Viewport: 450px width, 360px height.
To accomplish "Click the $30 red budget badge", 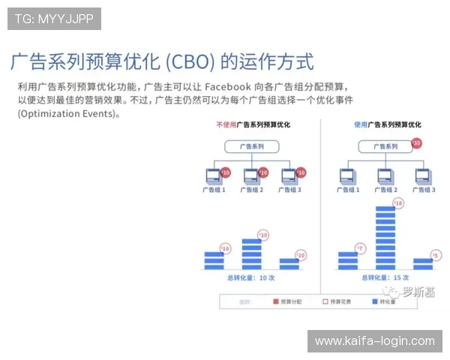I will [x=417, y=142].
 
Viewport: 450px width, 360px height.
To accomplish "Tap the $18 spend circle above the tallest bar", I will [x=398, y=203].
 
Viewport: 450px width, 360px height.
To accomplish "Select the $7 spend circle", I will [x=360, y=247].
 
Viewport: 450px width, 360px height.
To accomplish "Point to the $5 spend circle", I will [x=436, y=256].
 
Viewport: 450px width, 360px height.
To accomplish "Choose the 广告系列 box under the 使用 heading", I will [x=386, y=147].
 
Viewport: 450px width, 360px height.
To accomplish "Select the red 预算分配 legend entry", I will [x=286, y=301].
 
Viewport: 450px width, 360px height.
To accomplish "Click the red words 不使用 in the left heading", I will [x=225, y=124].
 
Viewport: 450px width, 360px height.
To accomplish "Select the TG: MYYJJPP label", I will [x=54, y=19].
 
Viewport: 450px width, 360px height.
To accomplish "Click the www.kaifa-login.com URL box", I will [x=374, y=341].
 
